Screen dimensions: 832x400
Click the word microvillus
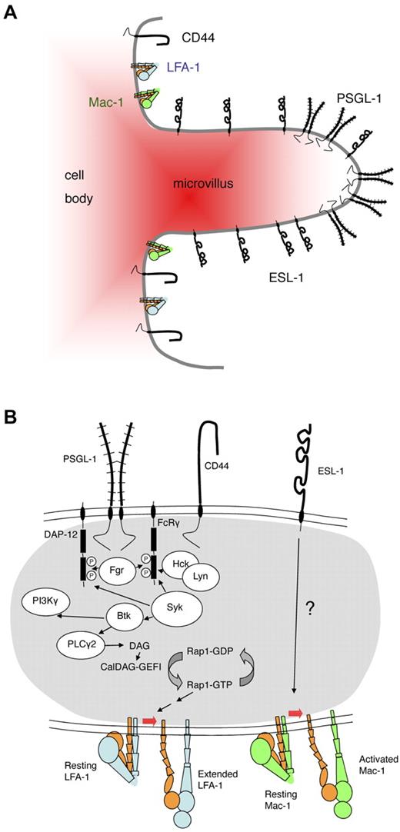pos(196,184)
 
